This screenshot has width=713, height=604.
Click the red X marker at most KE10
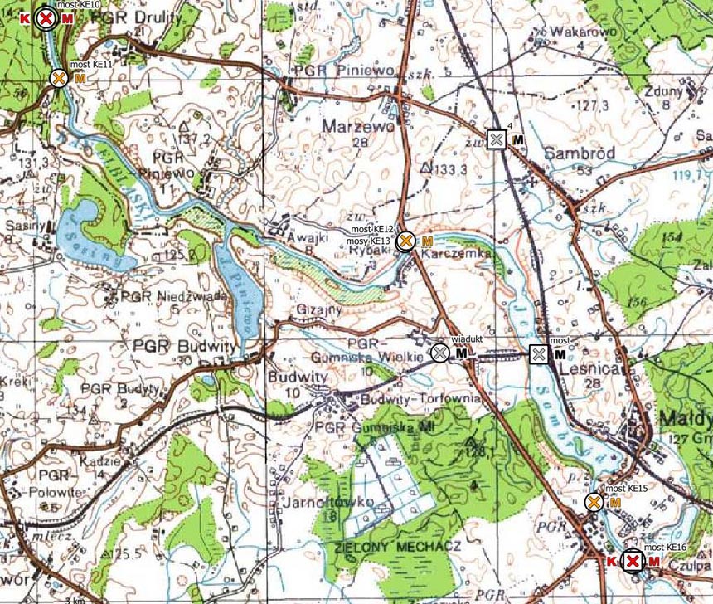tap(46, 18)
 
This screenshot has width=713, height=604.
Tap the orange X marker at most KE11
tap(58, 78)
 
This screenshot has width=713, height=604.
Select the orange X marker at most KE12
tap(405, 241)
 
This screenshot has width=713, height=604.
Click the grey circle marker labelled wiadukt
tap(440, 353)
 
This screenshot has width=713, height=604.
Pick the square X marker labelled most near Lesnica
tap(539, 354)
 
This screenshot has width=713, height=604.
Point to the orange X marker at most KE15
tap(594, 502)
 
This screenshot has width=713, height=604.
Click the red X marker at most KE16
tap(633, 563)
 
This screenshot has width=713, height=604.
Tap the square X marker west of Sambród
tap(496, 139)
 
